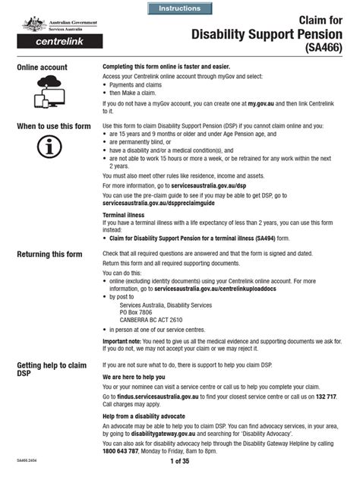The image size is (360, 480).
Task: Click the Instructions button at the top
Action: pos(180,8)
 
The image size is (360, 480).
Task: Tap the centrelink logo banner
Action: pos(50,41)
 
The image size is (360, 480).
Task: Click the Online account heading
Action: pos(42,68)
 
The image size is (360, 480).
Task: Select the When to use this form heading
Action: pos(53,125)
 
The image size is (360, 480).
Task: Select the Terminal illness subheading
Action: pos(125,215)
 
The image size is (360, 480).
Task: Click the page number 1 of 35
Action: pos(180,461)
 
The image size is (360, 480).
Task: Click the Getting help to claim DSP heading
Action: pos(52,370)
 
